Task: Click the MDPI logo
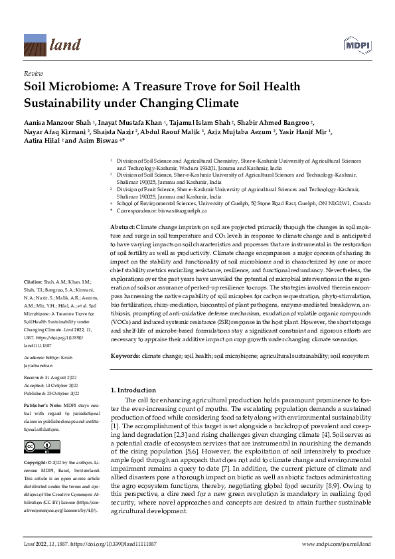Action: (356, 44)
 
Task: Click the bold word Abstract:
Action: (123, 228)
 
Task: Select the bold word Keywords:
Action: (125, 357)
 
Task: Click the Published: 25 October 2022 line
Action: (51, 390)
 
